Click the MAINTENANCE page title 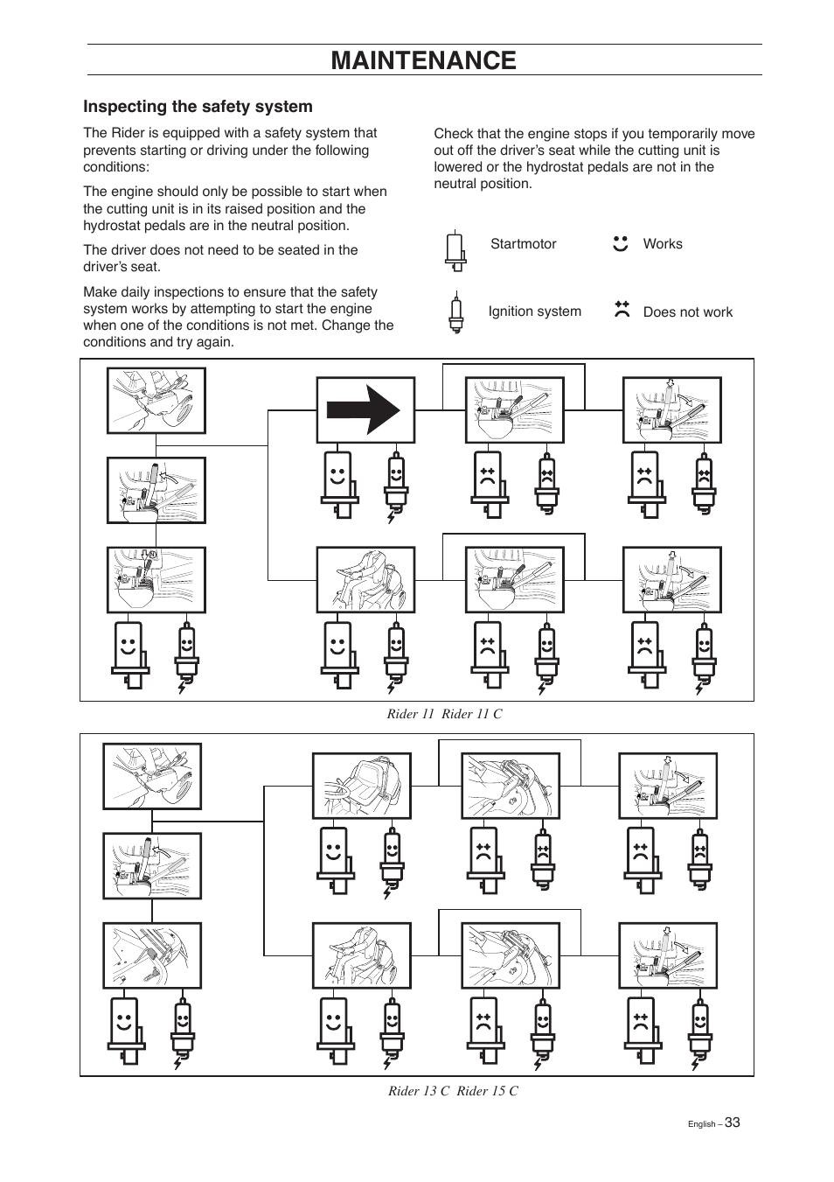point(424,59)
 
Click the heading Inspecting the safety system point(198,107)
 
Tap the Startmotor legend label point(523,244)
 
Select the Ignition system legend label point(534,311)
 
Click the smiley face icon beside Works point(621,244)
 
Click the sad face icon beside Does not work point(622,309)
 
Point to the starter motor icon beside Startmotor point(454,251)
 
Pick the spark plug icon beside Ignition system point(454,314)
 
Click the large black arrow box point(365,410)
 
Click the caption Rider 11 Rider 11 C point(445,714)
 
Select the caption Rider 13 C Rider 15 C point(453,1091)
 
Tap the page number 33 point(732,1123)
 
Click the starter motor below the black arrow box point(338,484)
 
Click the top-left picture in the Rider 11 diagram point(156,401)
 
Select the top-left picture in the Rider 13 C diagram point(152,776)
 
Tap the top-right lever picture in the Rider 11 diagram point(671,410)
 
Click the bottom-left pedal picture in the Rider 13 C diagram point(152,955)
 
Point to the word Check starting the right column point(453,134)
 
